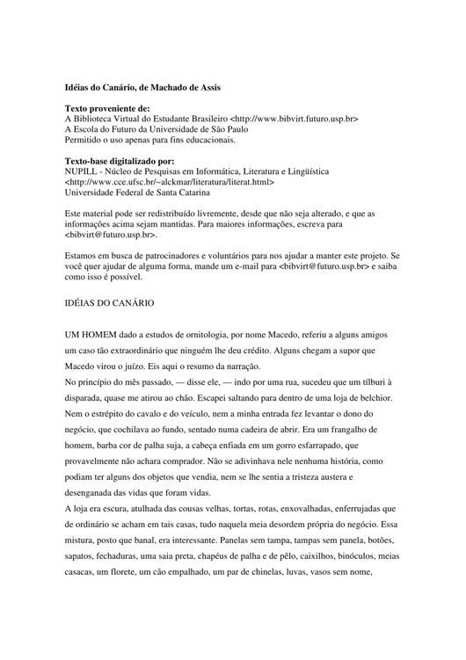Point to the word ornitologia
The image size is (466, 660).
[203, 337]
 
